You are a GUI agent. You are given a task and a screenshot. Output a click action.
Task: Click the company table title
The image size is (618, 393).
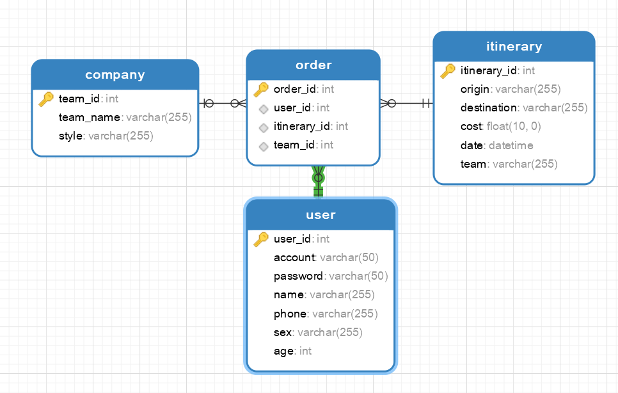(x=115, y=75)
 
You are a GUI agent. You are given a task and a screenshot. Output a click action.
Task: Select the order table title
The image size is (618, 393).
(x=313, y=65)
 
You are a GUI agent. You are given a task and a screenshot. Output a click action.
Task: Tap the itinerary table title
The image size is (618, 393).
(x=514, y=47)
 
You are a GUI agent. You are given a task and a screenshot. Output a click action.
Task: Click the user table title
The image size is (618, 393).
(x=321, y=215)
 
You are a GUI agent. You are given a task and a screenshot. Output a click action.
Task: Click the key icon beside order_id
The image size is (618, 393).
(x=261, y=89)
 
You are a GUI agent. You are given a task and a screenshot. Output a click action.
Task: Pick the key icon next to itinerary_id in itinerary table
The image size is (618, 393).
(x=448, y=71)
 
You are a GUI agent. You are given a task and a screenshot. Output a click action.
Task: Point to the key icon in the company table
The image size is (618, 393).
(x=46, y=99)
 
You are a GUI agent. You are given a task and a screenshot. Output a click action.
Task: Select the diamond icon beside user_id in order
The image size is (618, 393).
(x=263, y=108)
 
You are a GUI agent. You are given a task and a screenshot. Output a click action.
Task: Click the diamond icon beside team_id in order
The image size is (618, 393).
(x=263, y=146)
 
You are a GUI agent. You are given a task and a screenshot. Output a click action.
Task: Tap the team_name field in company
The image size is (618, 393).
(x=90, y=118)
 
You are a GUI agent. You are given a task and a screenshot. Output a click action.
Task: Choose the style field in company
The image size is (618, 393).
(x=70, y=136)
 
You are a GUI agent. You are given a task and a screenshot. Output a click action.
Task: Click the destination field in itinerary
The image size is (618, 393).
(x=489, y=108)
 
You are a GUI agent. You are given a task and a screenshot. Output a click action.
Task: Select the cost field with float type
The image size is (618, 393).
(x=471, y=127)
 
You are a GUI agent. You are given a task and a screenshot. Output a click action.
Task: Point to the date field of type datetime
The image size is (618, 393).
(x=471, y=145)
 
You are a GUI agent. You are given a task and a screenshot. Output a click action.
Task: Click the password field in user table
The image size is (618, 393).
(x=298, y=277)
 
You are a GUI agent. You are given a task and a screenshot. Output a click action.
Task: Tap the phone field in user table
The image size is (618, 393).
(x=290, y=314)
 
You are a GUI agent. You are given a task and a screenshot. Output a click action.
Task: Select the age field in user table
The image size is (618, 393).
(x=284, y=351)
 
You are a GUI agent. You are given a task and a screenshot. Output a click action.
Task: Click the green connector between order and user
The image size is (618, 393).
(x=318, y=182)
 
